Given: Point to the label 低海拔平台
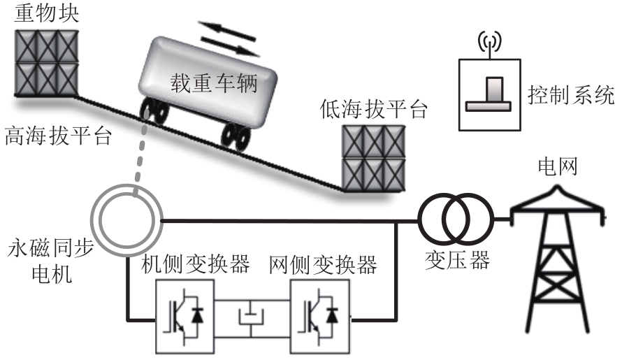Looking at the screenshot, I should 373,110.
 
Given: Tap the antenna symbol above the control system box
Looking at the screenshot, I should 489,44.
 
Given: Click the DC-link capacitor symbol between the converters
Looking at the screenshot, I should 252,317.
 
